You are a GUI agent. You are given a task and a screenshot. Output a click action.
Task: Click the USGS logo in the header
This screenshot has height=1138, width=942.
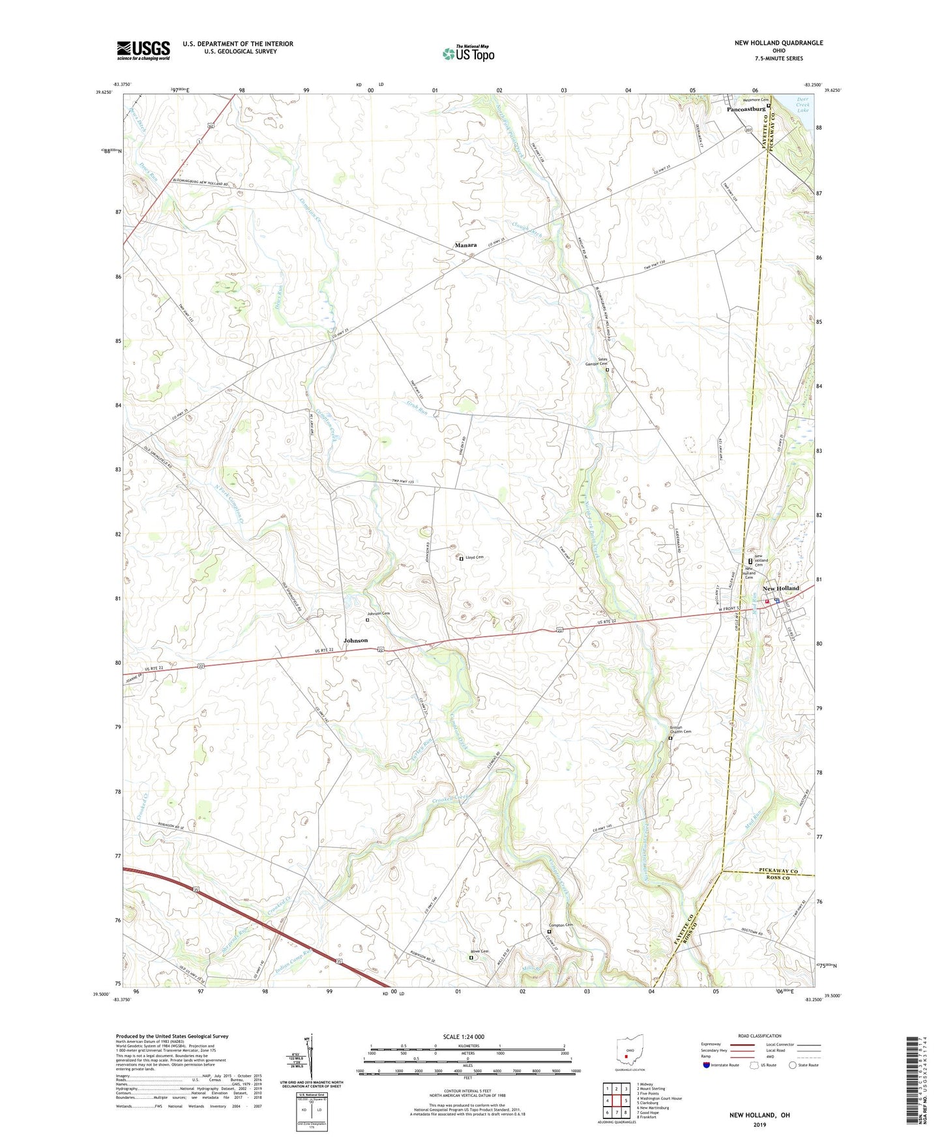point(143,50)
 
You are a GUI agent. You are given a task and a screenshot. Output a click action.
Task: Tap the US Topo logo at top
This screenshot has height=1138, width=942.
point(467,53)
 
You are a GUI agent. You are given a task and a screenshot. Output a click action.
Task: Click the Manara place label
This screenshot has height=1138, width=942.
point(465,245)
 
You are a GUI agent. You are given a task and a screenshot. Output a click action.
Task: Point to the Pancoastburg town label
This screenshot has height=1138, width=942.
point(746,109)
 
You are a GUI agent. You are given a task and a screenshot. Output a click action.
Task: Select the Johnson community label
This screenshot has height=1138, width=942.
point(356,641)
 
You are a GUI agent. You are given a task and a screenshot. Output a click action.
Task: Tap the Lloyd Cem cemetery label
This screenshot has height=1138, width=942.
point(474,558)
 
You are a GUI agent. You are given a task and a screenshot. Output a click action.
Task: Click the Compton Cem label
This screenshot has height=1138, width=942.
point(561,925)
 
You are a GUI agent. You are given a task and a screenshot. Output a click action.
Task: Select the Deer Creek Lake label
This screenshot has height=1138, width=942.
point(802,105)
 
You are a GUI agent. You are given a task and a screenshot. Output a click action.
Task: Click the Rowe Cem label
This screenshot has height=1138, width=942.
point(480,952)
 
